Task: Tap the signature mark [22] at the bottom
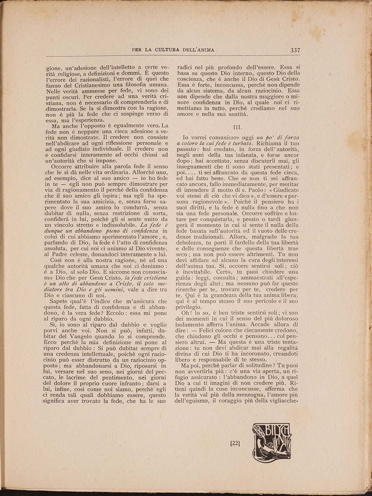tap(235, 443)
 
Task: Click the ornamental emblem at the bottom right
tap(272, 442)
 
